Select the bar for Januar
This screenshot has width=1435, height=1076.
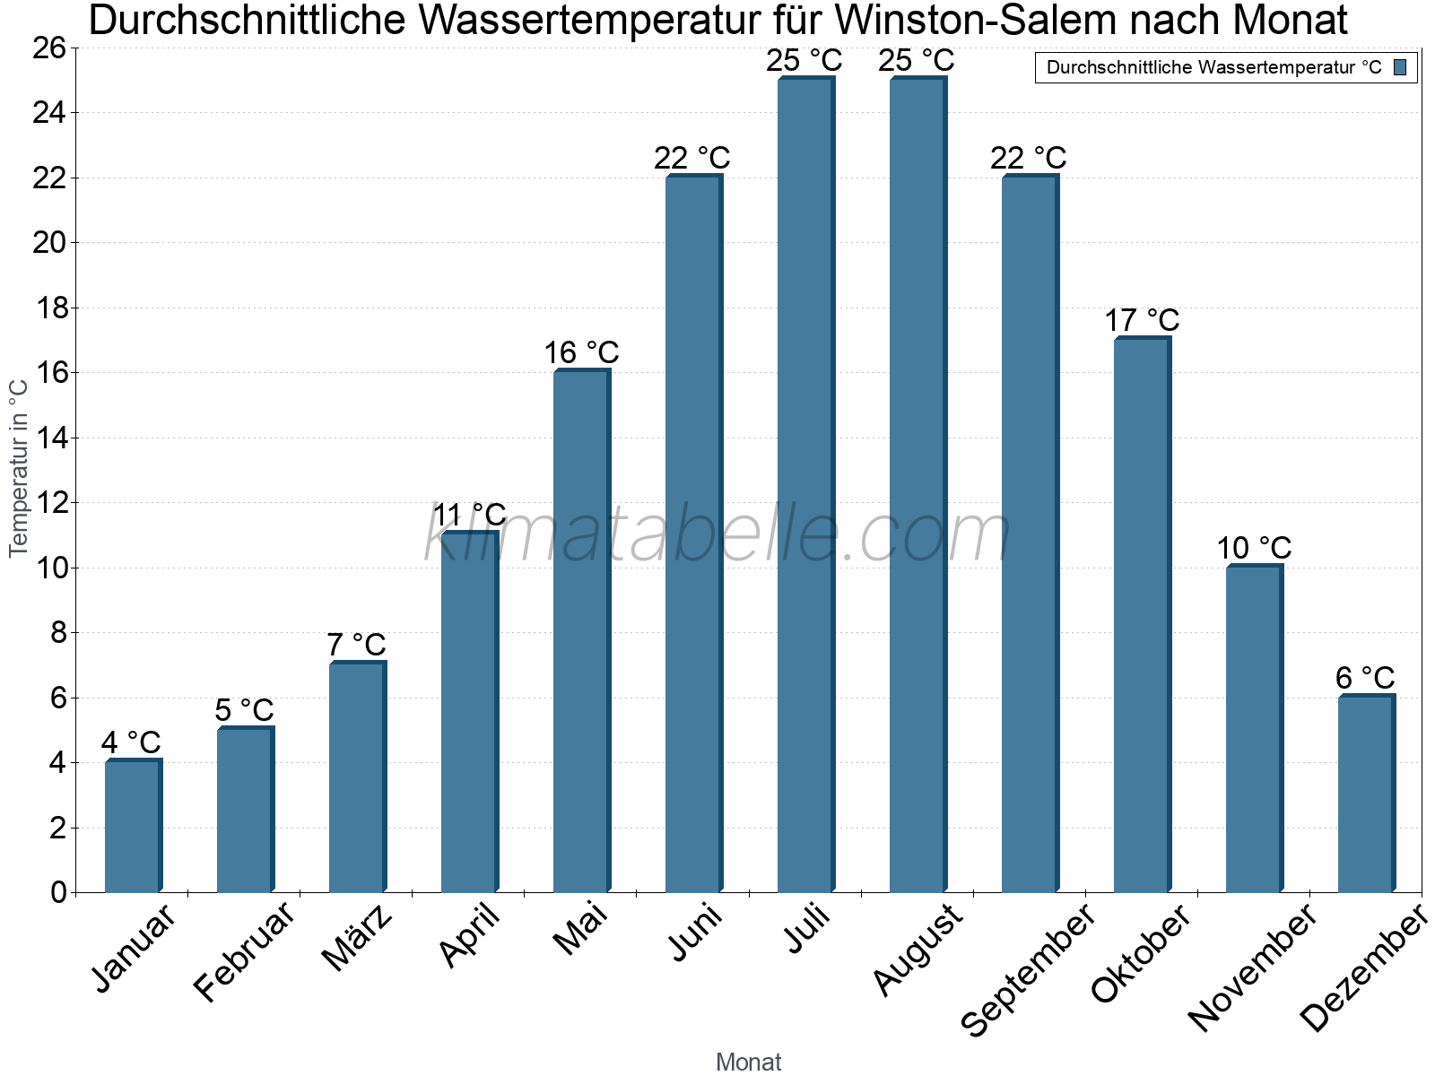133,826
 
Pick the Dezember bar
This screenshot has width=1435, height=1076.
1366,794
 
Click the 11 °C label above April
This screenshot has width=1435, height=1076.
470,516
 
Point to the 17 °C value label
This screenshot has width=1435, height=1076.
1142,321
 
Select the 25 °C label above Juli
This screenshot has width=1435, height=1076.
804,61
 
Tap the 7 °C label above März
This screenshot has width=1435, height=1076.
356,645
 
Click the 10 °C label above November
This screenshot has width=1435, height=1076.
1254,548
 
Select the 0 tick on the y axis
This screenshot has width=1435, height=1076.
58,892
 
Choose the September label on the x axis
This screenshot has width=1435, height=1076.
1028,969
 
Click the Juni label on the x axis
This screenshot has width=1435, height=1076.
696,933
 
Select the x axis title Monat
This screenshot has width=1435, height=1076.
748,1063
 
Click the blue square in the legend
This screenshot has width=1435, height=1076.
1400,67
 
